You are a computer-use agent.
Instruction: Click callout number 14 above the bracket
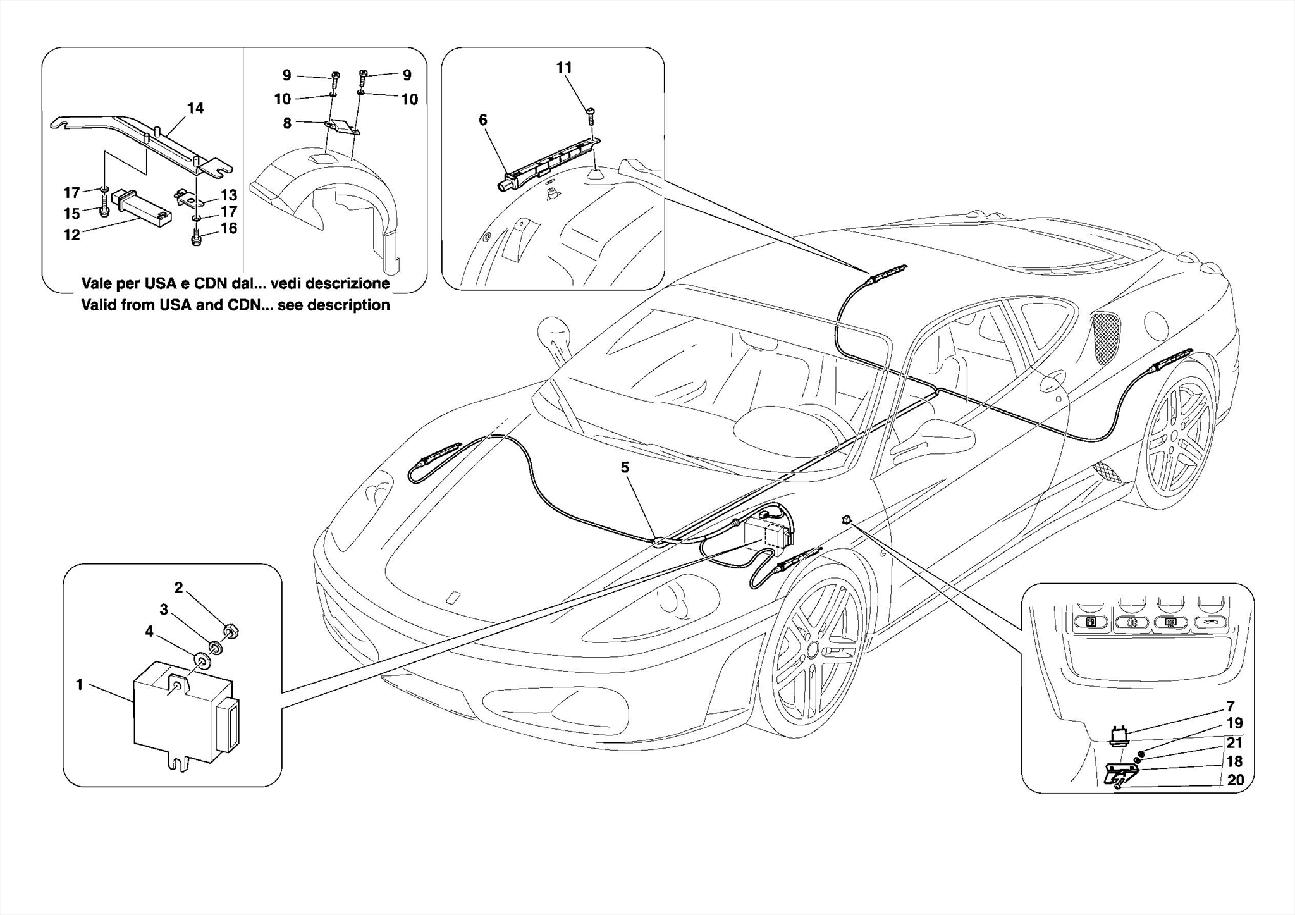click(195, 108)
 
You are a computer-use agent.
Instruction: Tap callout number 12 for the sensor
click(71, 235)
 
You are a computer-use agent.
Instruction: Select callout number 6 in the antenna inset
click(483, 120)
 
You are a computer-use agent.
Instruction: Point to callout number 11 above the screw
click(564, 68)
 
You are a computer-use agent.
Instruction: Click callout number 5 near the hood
click(625, 467)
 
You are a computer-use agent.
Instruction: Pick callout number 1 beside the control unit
click(80, 684)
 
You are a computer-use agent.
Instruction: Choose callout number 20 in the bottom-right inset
click(1235, 780)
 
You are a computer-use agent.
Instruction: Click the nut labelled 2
click(231, 630)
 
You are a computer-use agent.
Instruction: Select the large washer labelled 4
click(203, 661)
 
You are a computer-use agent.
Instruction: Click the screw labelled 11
click(592, 114)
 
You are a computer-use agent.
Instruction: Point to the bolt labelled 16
click(196, 240)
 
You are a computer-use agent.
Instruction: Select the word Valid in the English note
click(100, 305)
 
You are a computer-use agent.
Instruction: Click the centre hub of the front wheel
click(812, 649)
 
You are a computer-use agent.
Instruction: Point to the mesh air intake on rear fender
click(1106, 338)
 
